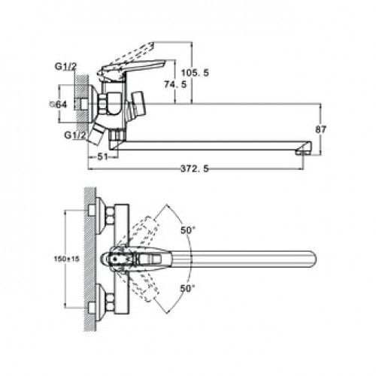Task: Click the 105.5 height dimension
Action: (x=195, y=73)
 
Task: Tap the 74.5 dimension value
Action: (x=175, y=84)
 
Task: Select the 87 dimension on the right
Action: (x=320, y=129)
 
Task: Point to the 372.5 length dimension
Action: (x=195, y=168)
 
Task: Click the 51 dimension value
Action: (x=102, y=157)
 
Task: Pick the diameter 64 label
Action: (x=58, y=105)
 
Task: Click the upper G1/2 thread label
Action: (x=66, y=67)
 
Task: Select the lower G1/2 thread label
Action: (x=75, y=135)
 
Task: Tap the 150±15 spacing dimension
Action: (x=67, y=259)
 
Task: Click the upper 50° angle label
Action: (x=188, y=230)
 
